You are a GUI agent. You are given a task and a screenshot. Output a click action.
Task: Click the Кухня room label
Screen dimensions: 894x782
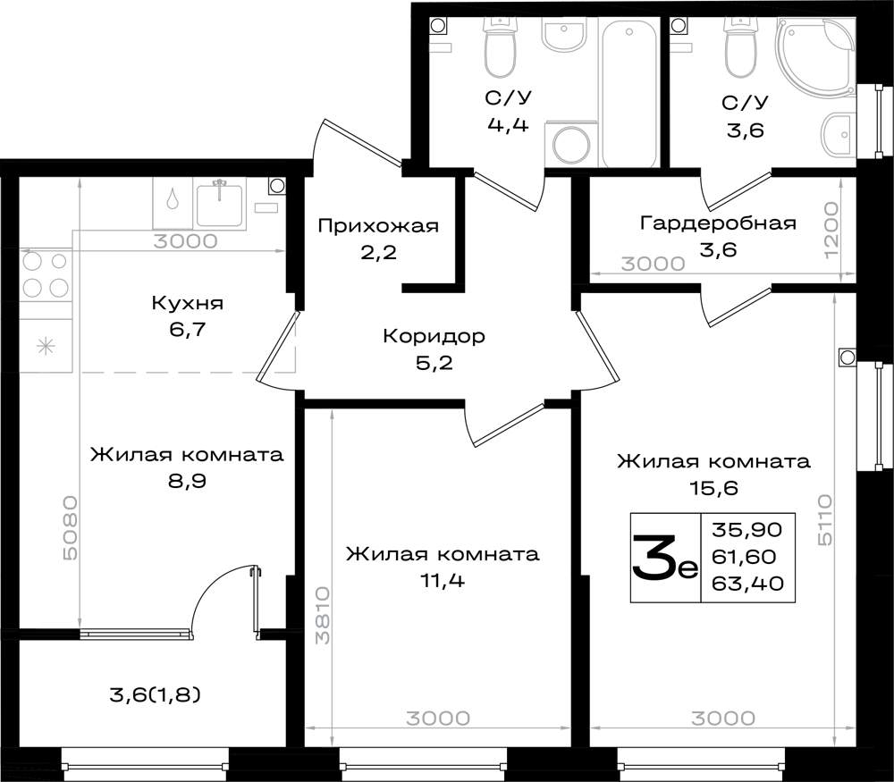tap(187, 303)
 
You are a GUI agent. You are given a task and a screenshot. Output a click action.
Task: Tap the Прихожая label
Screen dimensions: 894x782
tap(378, 226)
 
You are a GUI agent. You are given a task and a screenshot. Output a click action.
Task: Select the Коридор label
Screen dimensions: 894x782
tap(434, 336)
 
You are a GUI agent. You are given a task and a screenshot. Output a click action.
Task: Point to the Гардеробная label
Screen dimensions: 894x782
tap(718, 223)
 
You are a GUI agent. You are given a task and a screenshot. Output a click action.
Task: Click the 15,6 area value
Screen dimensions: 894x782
tap(713, 488)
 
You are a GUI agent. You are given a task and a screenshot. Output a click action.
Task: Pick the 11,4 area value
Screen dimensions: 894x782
tap(442, 581)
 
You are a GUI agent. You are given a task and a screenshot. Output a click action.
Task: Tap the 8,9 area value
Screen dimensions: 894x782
tap(187, 482)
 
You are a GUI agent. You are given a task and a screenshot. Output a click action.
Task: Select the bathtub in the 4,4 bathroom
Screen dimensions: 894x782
tap(628, 92)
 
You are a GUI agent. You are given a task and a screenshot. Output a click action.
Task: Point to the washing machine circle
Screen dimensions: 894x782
tap(571, 143)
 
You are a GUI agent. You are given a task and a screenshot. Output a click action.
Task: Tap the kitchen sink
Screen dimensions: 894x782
tap(221, 204)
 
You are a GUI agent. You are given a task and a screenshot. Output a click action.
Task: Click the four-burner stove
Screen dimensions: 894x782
tap(46, 274)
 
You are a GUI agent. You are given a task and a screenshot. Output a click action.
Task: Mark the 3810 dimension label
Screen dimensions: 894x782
tap(323, 615)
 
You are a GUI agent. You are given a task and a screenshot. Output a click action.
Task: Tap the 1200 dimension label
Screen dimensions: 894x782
tap(831, 229)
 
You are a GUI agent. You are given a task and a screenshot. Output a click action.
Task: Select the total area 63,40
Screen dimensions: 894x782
tap(747, 583)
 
